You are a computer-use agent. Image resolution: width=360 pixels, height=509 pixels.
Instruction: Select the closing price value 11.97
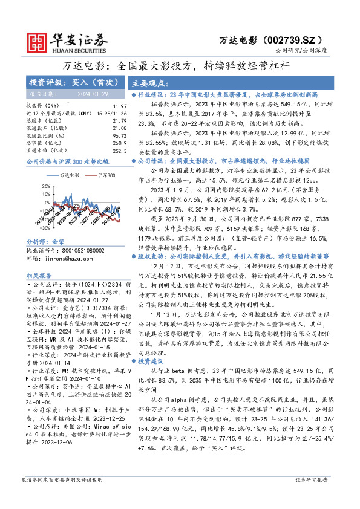(120, 106)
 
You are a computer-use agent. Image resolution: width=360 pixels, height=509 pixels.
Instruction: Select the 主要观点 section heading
(150, 83)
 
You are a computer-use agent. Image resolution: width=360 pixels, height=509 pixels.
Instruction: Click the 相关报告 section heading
(42, 275)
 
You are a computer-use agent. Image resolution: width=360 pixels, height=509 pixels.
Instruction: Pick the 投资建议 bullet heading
(152, 360)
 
